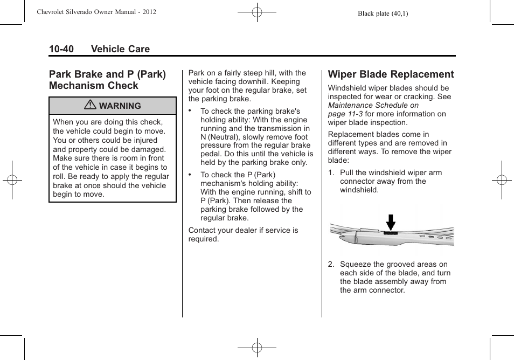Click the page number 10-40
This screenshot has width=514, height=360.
61,49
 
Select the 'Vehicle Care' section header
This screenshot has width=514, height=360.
120,49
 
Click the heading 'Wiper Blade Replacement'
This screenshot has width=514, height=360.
391,74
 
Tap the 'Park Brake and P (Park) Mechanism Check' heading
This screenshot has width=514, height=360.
107,80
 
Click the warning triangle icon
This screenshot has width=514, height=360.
91,106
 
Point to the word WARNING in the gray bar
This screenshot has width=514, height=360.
120,106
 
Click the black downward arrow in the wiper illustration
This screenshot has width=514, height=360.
391,221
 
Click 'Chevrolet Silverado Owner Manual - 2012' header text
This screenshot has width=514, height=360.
96,11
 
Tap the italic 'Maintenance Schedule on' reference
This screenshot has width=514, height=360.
373,105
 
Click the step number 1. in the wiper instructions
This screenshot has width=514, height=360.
331,173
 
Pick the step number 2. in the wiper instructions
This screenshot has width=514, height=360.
331,265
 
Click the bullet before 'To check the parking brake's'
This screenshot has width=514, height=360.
191,110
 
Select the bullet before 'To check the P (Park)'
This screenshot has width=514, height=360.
191,174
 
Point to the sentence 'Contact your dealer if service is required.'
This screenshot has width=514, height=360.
243,234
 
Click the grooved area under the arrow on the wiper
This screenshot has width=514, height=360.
390,234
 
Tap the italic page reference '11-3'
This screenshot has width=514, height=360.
355,114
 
